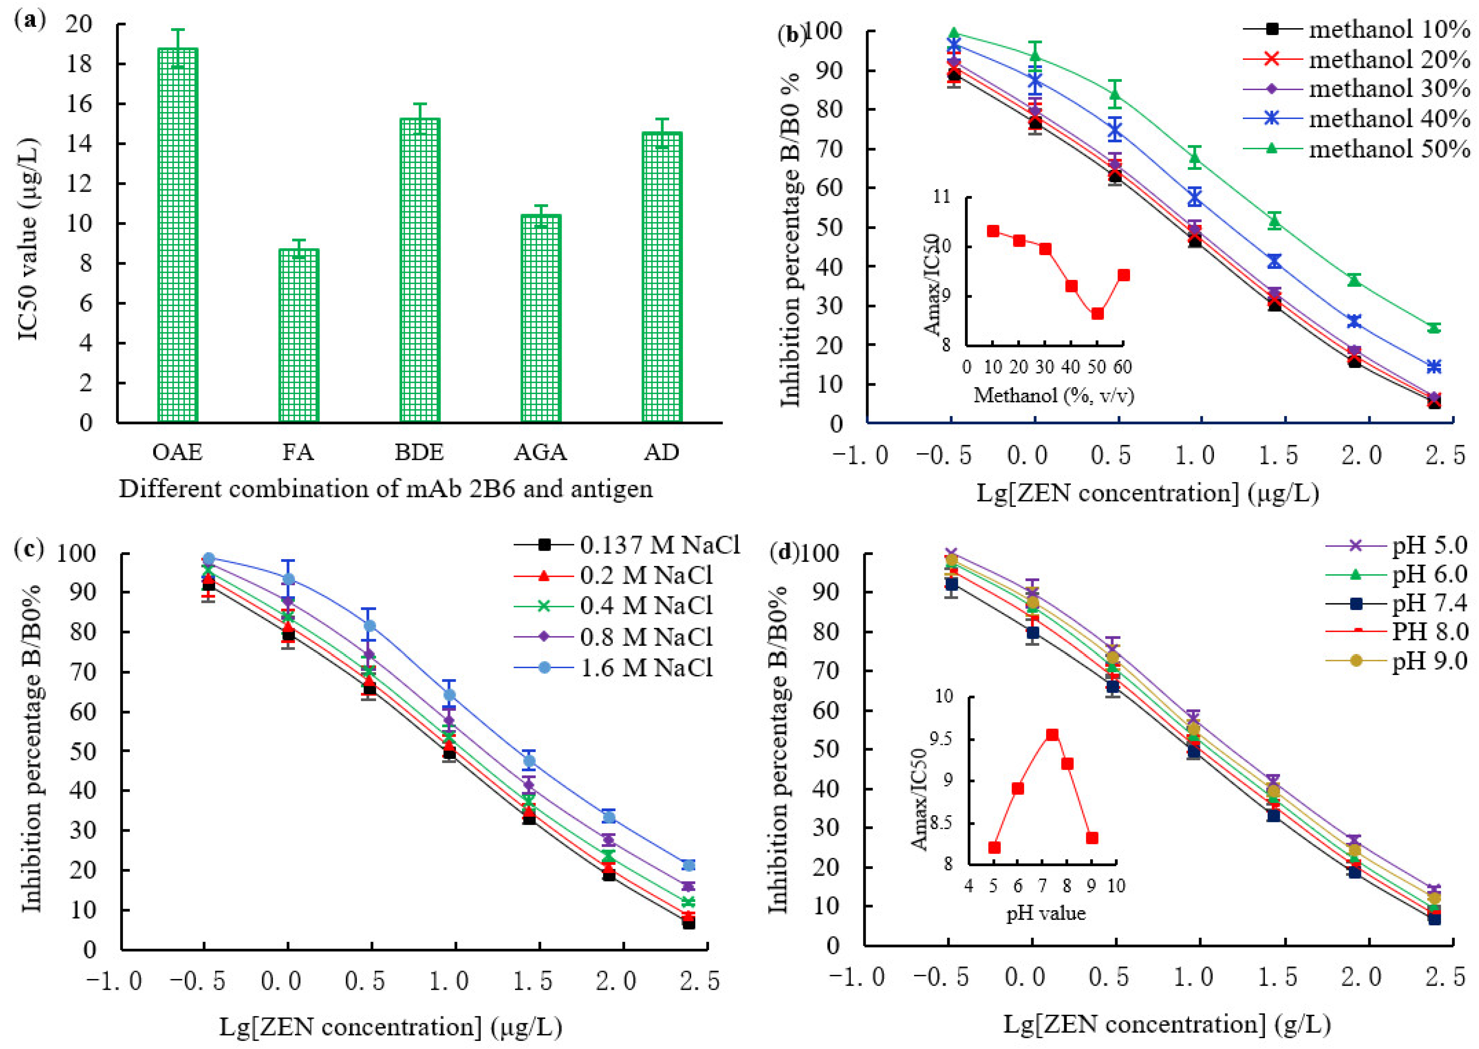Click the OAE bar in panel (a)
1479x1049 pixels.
[x=178, y=235]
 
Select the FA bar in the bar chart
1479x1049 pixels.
[x=299, y=336]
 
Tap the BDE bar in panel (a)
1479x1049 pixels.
[x=420, y=271]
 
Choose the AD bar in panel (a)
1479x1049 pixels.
[x=662, y=278]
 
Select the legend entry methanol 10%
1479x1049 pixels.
[x=1357, y=29]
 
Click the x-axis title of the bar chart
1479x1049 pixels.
[x=386, y=489]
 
